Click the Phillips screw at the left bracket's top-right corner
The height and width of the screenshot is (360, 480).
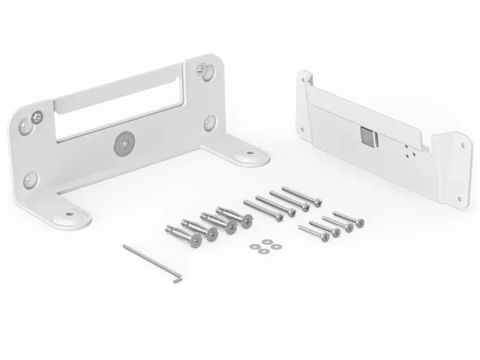point(201,69)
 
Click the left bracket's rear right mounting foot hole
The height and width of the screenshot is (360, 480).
point(245,156)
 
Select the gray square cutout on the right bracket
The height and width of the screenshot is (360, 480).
point(368,136)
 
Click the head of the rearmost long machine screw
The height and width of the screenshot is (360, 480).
point(317,201)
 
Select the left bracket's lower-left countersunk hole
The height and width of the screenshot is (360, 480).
point(29,180)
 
